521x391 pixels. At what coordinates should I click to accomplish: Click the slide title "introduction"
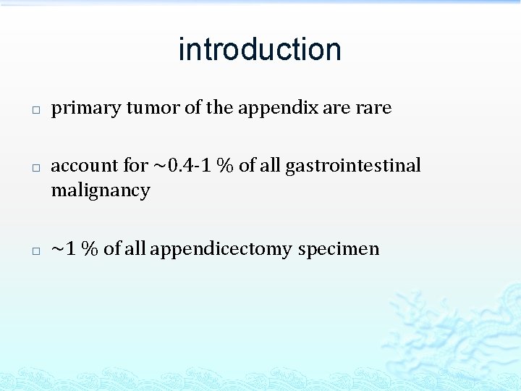[260, 49]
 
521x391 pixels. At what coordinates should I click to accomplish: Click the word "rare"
[373, 108]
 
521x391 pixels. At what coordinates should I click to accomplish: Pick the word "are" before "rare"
[336, 108]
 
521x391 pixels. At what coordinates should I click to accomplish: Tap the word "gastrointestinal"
[353, 166]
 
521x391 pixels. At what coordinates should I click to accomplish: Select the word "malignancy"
[100, 191]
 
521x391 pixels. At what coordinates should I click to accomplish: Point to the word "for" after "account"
[135, 166]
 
